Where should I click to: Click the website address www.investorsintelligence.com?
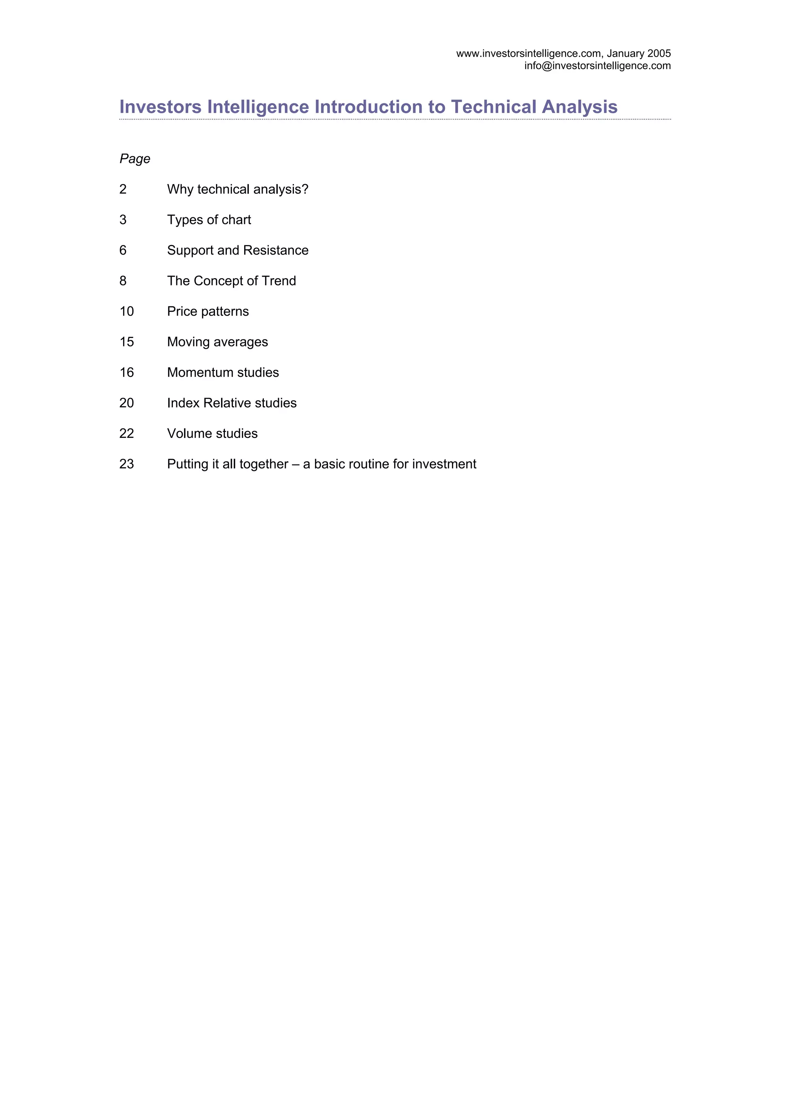pos(528,54)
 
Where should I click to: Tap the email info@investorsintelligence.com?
pos(597,66)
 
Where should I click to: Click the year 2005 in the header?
pos(659,54)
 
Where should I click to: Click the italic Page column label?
pos(135,159)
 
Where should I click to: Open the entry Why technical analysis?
pos(238,189)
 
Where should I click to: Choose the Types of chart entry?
pos(209,220)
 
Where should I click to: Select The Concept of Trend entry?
pos(231,281)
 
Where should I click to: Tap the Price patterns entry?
pos(208,312)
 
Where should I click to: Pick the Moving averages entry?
pos(217,342)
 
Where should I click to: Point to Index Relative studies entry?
pos(232,403)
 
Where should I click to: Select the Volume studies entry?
pos(212,434)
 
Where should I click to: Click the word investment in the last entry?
pos(444,464)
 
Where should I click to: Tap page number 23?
pos(127,464)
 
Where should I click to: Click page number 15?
pos(127,342)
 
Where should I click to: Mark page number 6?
pos(123,250)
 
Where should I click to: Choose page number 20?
pos(127,403)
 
